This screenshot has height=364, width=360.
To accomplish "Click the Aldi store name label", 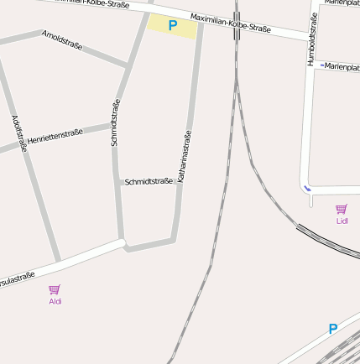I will [x=55, y=301].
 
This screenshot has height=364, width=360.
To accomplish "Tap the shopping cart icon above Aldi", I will [x=55, y=289].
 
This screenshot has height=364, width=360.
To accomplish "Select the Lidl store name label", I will [x=342, y=221].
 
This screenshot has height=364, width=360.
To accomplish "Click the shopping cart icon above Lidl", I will [x=341, y=209].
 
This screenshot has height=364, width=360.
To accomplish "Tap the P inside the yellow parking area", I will [x=173, y=26].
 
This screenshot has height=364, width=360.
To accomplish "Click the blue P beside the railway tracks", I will [x=333, y=329].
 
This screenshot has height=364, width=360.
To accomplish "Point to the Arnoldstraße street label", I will [x=63, y=40].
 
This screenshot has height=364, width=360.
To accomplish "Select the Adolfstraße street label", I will [x=20, y=133].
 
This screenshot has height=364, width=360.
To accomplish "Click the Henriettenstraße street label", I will [x=55, y=136].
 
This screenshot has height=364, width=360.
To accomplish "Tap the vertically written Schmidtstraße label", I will [x=116, y=122].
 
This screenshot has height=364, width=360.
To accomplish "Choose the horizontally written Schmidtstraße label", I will [x=149, y=181].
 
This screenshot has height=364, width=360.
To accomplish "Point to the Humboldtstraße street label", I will [x=312, y=40].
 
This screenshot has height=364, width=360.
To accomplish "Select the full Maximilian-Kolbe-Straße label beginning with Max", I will [x=231, y=23].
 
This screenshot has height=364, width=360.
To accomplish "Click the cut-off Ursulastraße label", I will [x=17, y=279].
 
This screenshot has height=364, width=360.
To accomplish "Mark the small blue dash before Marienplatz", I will [x=322, y=65].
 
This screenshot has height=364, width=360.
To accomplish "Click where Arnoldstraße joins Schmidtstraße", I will [x=128, y=65].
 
